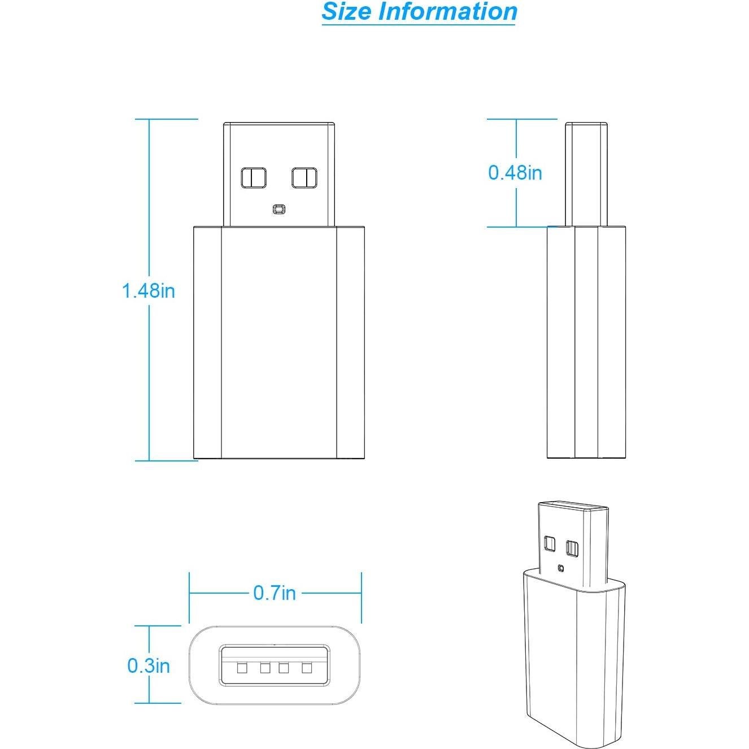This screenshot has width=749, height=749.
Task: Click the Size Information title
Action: [x=419, y=11]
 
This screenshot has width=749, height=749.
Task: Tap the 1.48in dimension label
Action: [x=149, y=290]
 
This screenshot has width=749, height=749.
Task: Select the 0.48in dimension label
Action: [x=515, y=172]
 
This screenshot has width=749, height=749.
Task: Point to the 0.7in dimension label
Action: [x=275, y=593]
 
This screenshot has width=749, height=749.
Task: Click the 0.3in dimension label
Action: [x=149, y=665]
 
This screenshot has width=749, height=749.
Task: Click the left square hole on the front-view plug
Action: [x=253, y=178]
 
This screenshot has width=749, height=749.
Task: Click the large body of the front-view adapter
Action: [x=279, y=342]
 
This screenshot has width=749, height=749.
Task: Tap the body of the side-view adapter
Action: [x=587, y=342]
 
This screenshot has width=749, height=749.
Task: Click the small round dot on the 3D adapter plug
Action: [x=560, y=568]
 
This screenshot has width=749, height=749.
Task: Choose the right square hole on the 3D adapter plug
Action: [x=572, y=547]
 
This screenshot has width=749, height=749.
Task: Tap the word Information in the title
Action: [x=447, y=11]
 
